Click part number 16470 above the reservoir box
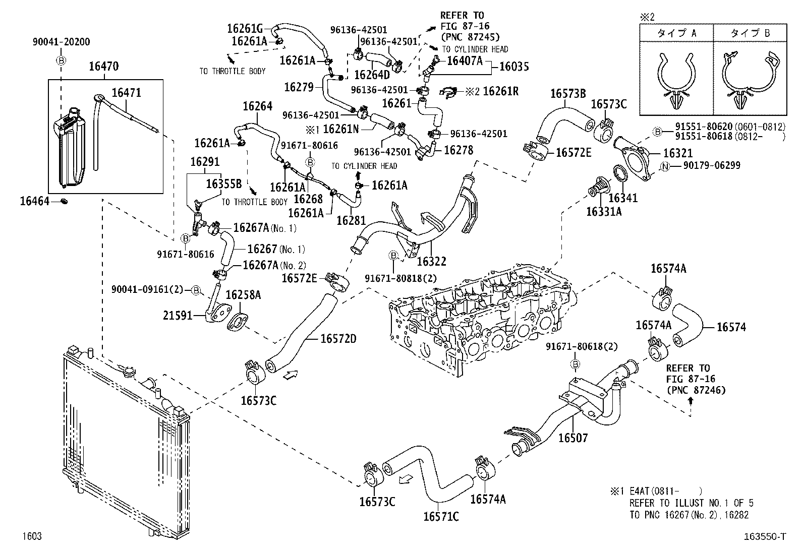pos(104,67)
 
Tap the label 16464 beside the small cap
pos(35,202)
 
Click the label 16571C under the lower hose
pos(441,517)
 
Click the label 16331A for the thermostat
pos(604,212)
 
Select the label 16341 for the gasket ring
pos(623,198)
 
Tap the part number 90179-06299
pos(712,166)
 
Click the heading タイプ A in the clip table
pos(676,34)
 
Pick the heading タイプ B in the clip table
pos(750,34)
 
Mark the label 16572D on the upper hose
pos(338,339)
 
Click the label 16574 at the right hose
pos(731,327)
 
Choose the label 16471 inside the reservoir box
pos(126,93)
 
